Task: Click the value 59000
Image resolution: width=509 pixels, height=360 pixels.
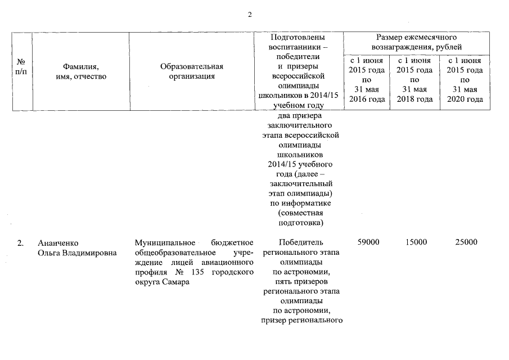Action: tap(368, 242)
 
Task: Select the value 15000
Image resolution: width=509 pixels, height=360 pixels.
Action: tap(416, 242)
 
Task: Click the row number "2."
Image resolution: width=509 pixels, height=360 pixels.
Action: tap(20, 243)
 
